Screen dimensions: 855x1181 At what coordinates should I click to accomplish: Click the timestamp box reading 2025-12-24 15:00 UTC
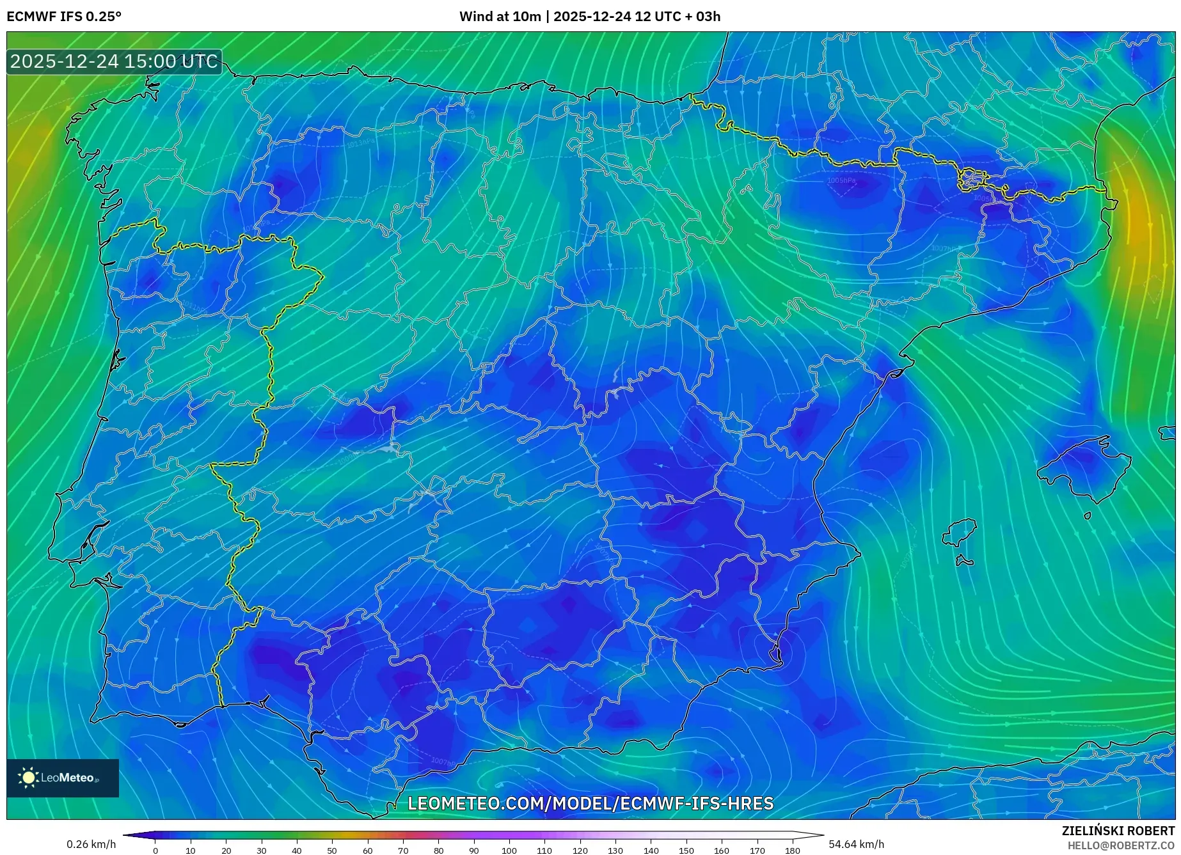pyautogui.click(x=114, y=61)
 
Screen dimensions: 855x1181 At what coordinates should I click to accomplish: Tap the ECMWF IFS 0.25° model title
pyautogui.click(x=64, y=17)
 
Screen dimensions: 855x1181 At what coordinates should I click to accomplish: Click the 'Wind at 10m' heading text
pyautogui.click(x=500, y=17)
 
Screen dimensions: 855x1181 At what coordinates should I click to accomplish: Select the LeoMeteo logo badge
pyautogui.click(x=63, y=778)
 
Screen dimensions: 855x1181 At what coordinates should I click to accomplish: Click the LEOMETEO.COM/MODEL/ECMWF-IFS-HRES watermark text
pyautogui.click(x=590, y=803)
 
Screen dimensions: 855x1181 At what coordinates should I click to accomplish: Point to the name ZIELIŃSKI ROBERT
pyautogui.click(x=1118, y=831)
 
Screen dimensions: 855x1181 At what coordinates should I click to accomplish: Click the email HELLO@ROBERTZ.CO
pyautogui.click(x=1120, y=845)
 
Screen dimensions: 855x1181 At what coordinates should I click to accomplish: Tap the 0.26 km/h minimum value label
pyautogui.click(x=91, y=844)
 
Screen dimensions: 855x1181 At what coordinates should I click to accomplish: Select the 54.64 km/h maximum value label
pyautogui.click(x=856, y=844)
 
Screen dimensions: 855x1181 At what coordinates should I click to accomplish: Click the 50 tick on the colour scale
pyautogui.click(x=332, y=851)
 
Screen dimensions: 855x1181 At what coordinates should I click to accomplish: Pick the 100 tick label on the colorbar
pyautogui.click(x=509, y=851)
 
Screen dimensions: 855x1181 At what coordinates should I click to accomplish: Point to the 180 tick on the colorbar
pyautogui.click(x=792, y=851)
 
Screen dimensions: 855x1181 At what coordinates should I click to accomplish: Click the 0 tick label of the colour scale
pyautogui.click(x=155, y=851)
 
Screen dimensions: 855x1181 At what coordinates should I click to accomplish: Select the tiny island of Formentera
pyautogui.click(x=963, y=561)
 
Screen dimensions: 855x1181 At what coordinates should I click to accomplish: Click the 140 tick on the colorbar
pyautogui.click(x=651, y=851)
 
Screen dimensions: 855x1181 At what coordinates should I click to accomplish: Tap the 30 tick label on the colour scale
pyautogui.click(x=261, y=851)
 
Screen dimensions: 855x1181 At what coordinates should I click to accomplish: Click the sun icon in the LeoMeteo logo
pyautogui.click(x=28, y=778)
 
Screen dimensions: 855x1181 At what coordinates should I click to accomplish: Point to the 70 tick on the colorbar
pyautogui.click(x=402, y=851)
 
